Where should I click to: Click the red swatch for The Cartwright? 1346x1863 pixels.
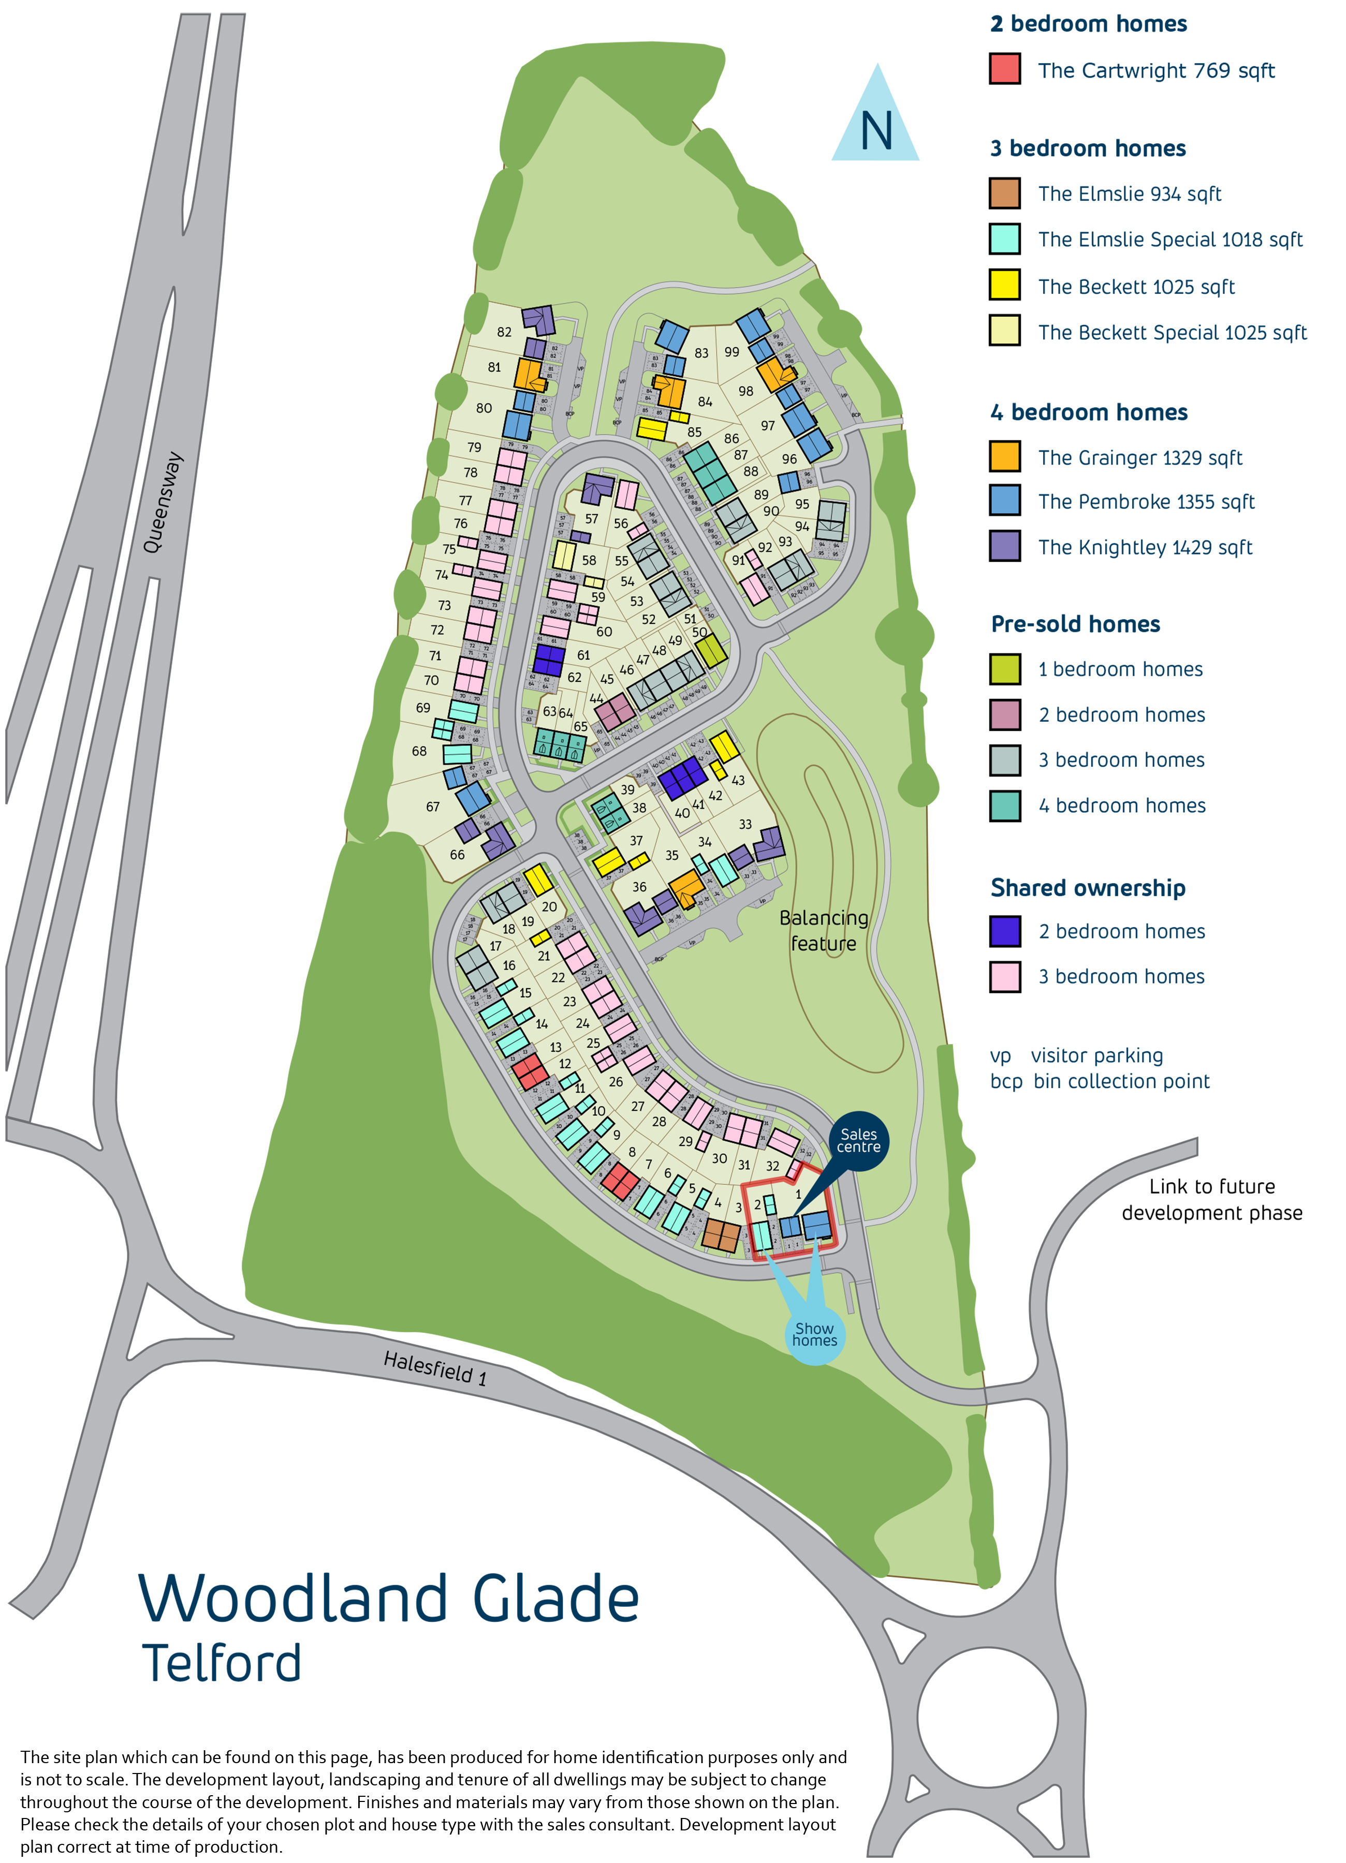(1004, 69)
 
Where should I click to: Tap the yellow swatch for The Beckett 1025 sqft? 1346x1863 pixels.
(1004, 285)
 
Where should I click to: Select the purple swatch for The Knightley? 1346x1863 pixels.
(1004, 545)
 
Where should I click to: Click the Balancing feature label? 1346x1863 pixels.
(823, 931)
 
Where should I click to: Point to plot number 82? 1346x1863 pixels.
(504, 332)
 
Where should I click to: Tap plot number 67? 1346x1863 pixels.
(432, 807)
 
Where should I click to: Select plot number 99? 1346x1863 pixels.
(731, 352)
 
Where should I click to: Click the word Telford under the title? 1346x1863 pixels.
(222, 1663)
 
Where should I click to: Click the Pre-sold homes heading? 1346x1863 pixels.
(1075, 624)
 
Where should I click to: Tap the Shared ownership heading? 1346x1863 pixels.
(1087, 888)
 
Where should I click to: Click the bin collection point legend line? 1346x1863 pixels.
(1100, 1081)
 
